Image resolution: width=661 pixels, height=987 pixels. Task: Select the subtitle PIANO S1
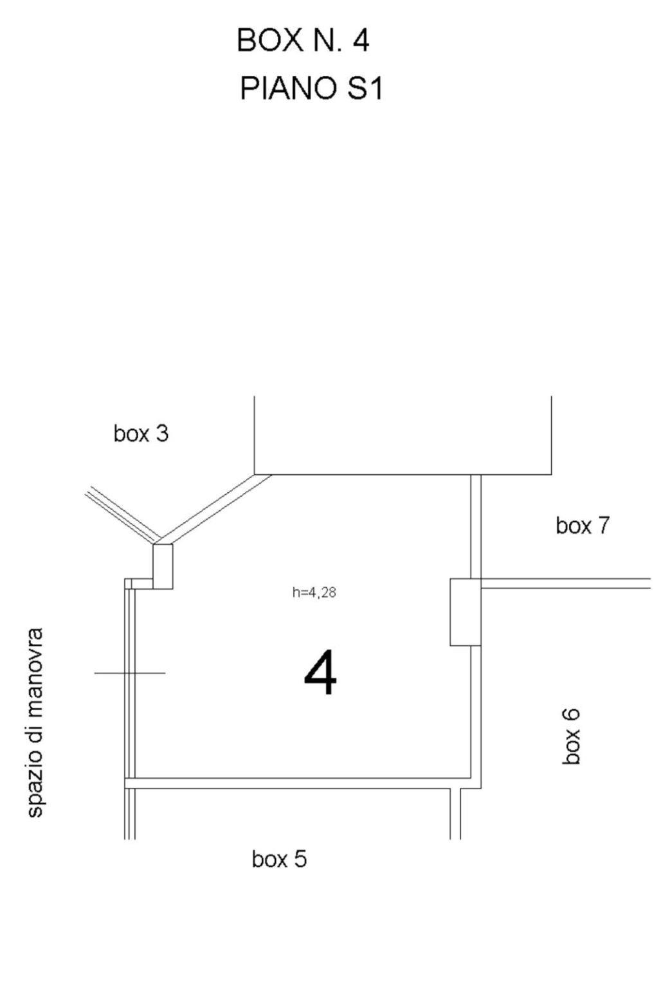coord(311,88)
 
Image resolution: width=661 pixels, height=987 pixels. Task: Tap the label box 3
coord(141,433)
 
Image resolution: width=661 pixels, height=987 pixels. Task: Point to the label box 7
coord(582,525)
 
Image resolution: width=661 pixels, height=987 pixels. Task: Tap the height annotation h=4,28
coord(314,592)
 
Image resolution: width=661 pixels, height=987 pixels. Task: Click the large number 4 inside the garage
coord(321,671)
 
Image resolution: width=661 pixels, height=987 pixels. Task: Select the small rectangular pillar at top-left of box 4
coord(163,566)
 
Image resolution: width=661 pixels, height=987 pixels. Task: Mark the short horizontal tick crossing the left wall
coord(130,673)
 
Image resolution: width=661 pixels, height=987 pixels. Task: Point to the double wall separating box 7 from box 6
coord(566,583)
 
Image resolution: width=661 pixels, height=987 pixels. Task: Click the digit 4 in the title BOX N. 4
coord(360,40)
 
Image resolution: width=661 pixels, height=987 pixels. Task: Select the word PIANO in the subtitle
coord(289,88)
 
